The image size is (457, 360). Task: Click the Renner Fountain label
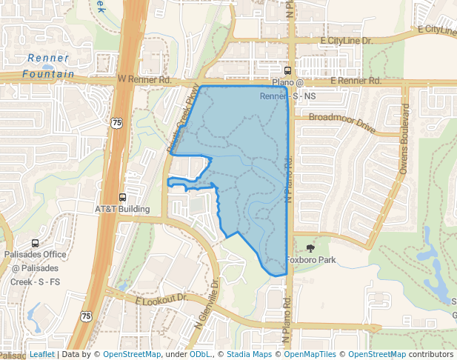tap(48, 66)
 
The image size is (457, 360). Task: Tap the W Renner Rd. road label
tap(144, 79)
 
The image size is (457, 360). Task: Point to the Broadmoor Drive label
tap(342, 122)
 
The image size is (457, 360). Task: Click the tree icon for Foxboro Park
tap(310, 249)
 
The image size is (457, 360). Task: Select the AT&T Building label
tap(122, 209)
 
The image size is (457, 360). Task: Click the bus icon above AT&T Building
tap(122, 197)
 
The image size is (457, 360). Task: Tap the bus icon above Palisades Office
tap(35, 243)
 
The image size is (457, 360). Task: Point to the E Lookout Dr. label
tap(161, 300)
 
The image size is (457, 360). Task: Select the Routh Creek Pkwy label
tap(184, 118)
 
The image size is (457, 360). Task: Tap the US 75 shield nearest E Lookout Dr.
tap(87, 316)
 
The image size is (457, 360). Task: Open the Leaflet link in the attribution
tap(41, 355)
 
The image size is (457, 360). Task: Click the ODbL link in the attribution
tap(201, 355)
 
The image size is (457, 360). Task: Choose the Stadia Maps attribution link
tap(249, 355)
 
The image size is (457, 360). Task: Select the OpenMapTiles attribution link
tap(310, 355)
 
